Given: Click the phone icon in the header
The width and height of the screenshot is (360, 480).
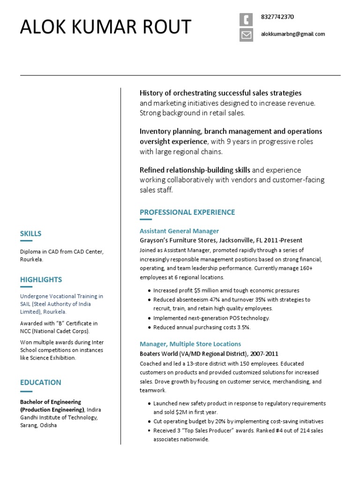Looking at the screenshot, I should coord(246,20).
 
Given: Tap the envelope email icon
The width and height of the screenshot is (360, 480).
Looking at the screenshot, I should coord(246,35).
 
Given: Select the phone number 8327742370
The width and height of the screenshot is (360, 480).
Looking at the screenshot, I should coord(277,17).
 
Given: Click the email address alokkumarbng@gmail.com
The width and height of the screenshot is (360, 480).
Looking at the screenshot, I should coord(292,34).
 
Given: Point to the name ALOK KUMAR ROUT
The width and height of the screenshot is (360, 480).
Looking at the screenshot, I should coord(105,27).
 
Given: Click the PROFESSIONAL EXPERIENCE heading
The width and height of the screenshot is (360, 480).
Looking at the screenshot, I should coord(187,212).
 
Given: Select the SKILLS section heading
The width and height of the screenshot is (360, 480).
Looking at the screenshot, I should coord(30,233).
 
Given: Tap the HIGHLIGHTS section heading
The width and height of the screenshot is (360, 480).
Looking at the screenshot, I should coord(41,280).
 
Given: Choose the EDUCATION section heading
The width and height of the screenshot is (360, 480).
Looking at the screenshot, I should coord(40,382).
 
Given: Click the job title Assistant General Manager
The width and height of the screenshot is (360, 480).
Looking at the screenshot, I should coord(179,231).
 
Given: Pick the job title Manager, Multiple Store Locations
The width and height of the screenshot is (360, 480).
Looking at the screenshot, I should coord(190,344).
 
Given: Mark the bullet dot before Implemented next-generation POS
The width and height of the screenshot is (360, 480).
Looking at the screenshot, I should coord(149,318).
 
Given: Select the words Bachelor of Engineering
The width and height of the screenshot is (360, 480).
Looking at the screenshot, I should coord(50,402).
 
